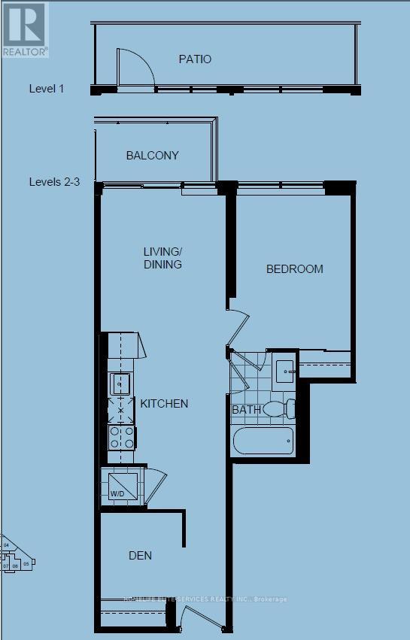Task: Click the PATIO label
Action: (x=195, y=59)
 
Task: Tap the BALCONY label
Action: (x=152, y=156)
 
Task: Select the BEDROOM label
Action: (x=294, y=268)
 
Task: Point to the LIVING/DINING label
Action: (x=163, y=257)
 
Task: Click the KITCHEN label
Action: (x=164, y=404)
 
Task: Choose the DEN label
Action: (x=140, y=556)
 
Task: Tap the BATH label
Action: (x=246, y=410)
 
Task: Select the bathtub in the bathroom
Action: (x=263, y=441)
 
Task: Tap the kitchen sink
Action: (x=120, y=384)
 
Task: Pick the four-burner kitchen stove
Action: (x=121, y=436)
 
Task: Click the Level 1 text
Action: (x=47, y=89)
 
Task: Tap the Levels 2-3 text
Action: (x=54, y=182)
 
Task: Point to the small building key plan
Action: (x=17, y=557)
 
